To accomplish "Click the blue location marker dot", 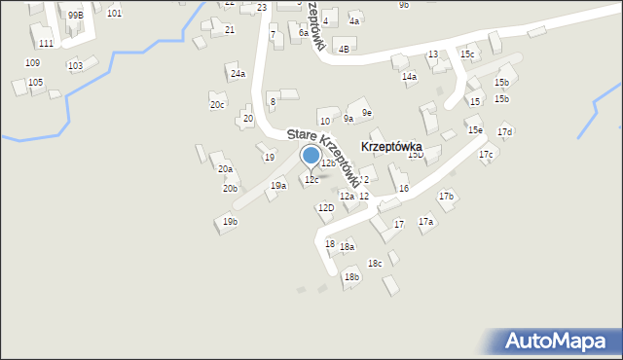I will tap(311, 155).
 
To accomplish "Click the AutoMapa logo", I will tap(552, 341).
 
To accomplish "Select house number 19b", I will tap(230, 222).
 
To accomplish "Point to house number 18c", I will tap(375, 264).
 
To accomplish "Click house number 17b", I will tap(446, 197).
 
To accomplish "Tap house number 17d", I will tap(504, 131).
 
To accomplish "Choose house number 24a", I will tap(238, 74).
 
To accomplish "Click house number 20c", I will tap(217, 105).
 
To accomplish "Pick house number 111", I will tap(46, 44).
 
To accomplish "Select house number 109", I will tap(32, 62).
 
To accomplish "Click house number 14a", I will tap(409, 76).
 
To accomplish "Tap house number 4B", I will tap(344, 49).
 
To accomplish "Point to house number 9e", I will tap(367, 113).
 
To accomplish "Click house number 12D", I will tap(325, 207).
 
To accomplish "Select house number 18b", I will tap(351, 277).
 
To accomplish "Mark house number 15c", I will tap(468, 54).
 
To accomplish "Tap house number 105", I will tap(35, 83).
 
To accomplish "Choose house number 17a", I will tap(425, 222).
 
